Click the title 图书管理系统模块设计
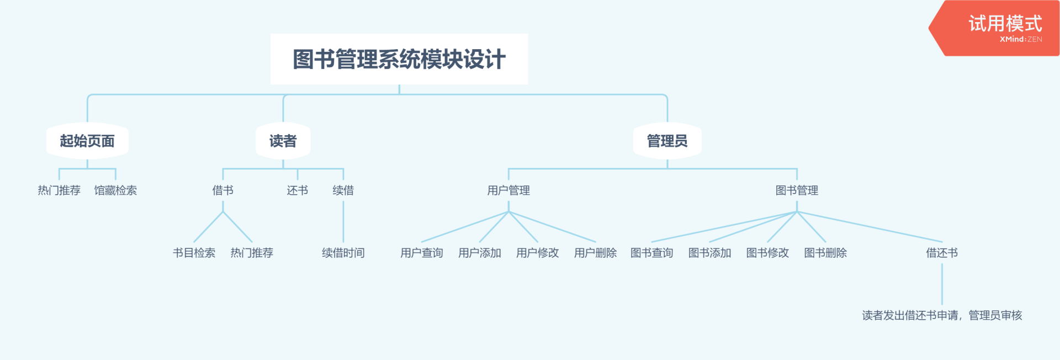tap(399, 59)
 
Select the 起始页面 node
tap(87, 141)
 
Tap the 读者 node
tap(283, 141)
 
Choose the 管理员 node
tap(667, 141)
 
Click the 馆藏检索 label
tap(115, 190)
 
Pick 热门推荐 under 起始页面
tap(59, 190)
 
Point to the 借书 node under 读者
tap(223, 190)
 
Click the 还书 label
tap(298, 190)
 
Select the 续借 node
tap(343, 190)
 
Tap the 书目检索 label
tap(194, 253)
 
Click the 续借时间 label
tap(343, 253)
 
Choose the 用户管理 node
tap(508, 190)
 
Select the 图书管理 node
tap(797, 190)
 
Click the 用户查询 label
tap(422, 253)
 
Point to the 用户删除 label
tap(596, 253)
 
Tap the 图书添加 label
tap(710, 253)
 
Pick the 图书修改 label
tap(768, 253)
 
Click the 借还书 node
tap(942, 253)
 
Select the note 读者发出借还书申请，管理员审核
tap(942, 315)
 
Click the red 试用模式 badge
tap(994, 28)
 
